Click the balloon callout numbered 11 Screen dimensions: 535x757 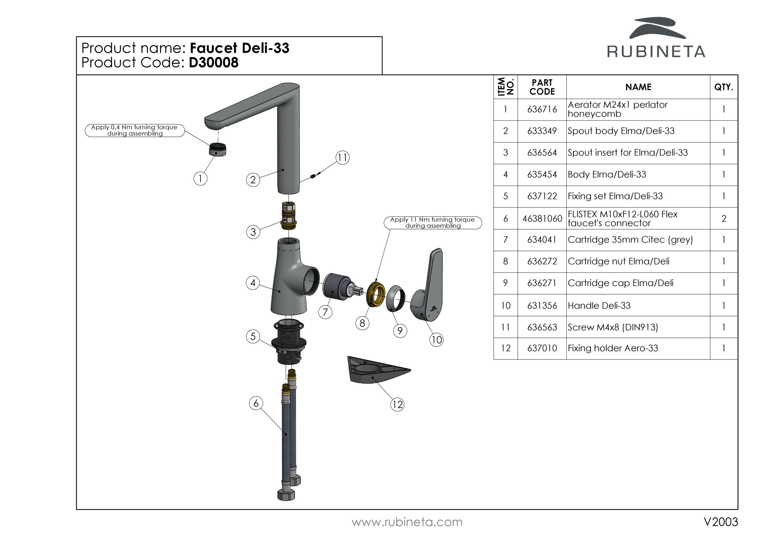click(342, 158)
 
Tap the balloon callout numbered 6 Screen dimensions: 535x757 click(256, 403)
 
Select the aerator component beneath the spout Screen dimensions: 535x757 click(218, 149)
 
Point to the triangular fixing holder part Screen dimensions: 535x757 click(376, 370)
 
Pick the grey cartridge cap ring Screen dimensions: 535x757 click(395, 298)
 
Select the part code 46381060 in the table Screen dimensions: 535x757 click(542, 218)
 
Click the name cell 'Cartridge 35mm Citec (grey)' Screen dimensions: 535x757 click(630, 240)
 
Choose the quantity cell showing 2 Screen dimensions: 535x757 click(724, 218)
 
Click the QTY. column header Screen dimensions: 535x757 click(724, 87)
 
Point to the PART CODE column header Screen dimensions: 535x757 click(542, 87)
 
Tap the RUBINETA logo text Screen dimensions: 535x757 click(656, 52)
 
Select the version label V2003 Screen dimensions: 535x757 click(720, 522)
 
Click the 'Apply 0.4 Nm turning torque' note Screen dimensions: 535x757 click(135, 130)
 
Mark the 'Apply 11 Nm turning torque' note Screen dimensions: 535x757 click(433, 223)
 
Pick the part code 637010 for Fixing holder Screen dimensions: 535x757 click(542, 348)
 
